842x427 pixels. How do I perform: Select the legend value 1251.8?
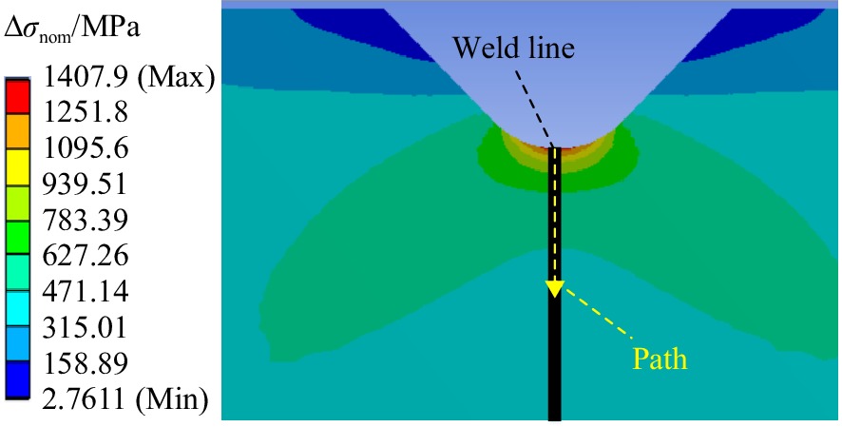85,113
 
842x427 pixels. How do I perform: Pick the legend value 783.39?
85,220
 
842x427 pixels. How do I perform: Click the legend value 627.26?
85,255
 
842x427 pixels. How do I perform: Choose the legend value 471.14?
85,291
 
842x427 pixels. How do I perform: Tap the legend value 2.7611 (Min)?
124,398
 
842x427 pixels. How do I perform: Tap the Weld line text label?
514,48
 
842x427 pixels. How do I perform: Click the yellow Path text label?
660,359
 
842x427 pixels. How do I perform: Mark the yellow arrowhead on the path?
554,288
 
